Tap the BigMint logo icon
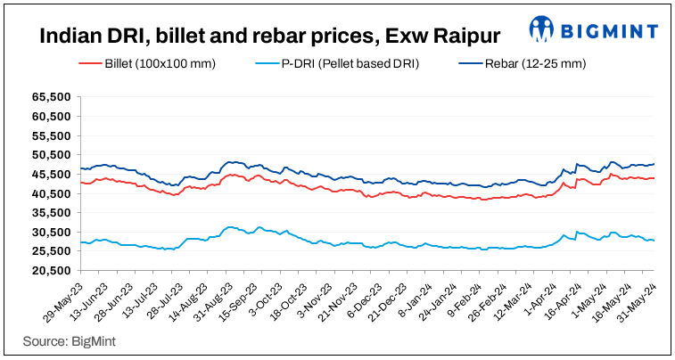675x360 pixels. tap(543, 29)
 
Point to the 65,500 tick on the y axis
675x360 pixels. tap(53, 96)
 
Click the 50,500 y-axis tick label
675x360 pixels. tap(53, 154)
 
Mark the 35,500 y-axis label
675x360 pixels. tap(53, 213)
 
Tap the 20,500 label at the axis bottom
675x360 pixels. tap(53, 271)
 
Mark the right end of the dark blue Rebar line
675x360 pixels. tap(654, 164)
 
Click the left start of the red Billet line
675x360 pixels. tap(80, 183)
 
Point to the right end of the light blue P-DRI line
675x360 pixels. tap(654, 241)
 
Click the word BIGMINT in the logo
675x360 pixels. tap(611, 31)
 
